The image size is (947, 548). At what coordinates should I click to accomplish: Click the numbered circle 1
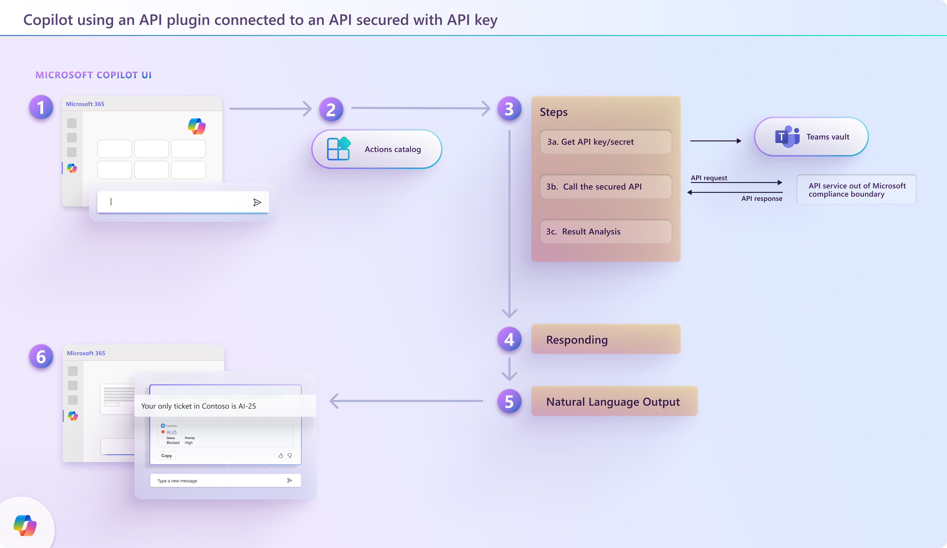pos(41,107)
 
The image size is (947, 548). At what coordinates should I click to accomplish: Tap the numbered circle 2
pos(331,109)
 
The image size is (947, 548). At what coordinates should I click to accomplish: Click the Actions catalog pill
pos(377,149)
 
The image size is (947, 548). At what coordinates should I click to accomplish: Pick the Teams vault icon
pos(787,137)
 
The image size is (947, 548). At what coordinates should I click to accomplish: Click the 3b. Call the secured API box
pos(605,187)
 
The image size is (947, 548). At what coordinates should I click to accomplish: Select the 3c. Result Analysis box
pos(605,232)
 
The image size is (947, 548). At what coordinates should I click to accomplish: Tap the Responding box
pos(605,339)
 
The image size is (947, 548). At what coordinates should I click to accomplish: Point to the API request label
pos(709,178)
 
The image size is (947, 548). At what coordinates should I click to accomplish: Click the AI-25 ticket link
pos(171,432)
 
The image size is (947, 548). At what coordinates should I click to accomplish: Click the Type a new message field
pos(218,481)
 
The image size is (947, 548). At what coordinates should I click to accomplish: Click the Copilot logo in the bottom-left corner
pos(25,525)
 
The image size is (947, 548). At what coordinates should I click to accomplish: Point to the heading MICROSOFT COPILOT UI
pos(93,75)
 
